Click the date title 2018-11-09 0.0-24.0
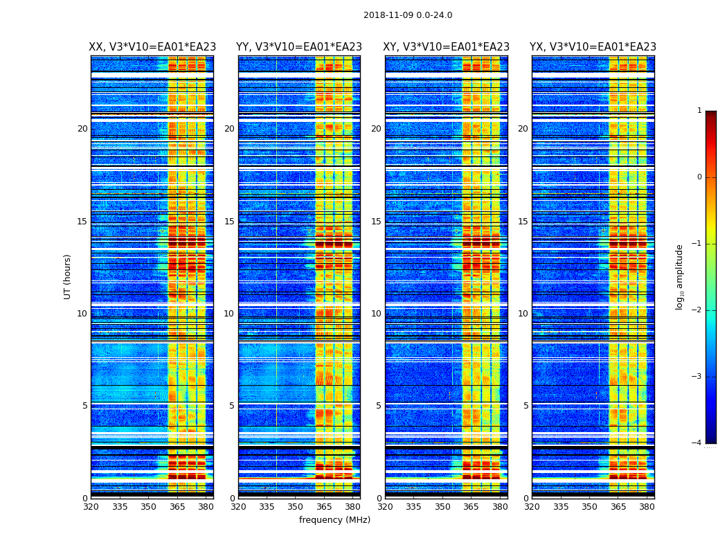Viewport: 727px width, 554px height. pos(408,15)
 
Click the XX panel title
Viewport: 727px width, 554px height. pos(152,47)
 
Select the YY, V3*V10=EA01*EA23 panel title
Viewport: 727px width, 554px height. pos(299,47)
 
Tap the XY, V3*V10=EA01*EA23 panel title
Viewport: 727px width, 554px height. pos(447,47)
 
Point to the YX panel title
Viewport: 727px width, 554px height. pos(593,47)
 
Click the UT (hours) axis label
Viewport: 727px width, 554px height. pos(68,276)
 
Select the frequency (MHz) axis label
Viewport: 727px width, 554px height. pos(334,520)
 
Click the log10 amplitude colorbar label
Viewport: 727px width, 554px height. pos(680,276)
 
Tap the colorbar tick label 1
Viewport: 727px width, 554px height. pos(699,111)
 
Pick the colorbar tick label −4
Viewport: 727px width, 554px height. pos(698,443)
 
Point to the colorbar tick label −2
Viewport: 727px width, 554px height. pos(698,310)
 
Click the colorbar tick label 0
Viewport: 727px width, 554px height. pos(699,177)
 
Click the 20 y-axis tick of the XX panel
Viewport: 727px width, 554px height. pos(82,129)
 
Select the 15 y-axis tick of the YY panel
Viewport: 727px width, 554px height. pos(229,222)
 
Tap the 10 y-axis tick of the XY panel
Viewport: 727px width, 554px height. pos(376,314)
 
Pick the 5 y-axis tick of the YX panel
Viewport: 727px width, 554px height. pos(526,406)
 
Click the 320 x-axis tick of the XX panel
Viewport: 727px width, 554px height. pos(91,506)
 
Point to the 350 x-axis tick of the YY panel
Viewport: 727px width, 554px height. pos(296,506)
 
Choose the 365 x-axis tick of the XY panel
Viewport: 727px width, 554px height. pos(471,506)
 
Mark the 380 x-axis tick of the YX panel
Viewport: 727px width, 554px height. pos(647,506)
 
